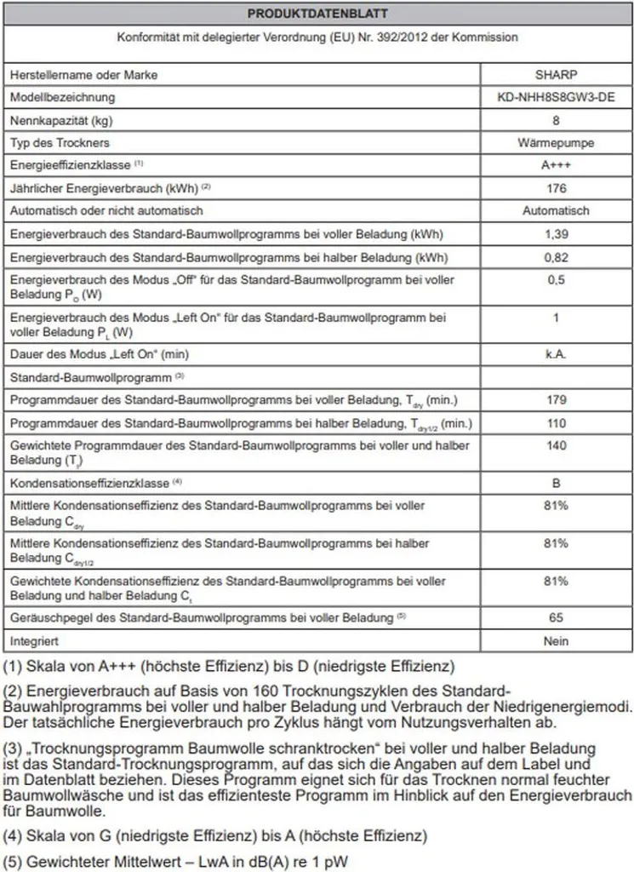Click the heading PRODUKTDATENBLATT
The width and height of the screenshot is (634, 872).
317,14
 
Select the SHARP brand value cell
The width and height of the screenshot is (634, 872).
556,75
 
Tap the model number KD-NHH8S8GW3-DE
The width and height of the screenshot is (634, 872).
556,98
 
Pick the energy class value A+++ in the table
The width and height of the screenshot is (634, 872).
556,165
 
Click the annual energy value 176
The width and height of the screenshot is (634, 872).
556,187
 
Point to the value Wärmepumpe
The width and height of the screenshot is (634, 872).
556,142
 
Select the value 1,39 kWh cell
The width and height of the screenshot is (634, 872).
556,233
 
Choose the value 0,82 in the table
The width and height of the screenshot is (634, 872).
556,256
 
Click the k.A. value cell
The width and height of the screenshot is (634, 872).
556,353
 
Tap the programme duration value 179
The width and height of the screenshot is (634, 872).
556,399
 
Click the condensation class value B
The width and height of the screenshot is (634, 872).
556,483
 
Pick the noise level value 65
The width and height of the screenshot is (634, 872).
556,617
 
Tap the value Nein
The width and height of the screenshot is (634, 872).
556,640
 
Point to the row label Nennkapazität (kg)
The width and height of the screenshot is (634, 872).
60,120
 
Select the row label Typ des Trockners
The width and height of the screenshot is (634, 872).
60,142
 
